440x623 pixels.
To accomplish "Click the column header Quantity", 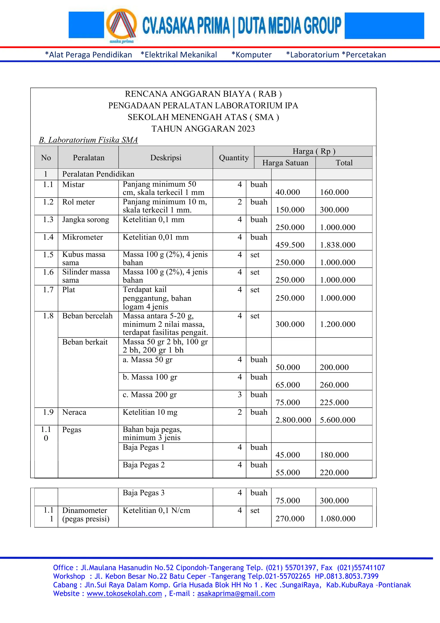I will (x=234, y=158).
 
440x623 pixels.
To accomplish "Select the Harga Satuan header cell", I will (x=285, y=163).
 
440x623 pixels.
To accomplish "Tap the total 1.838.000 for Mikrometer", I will (x=337, y=245).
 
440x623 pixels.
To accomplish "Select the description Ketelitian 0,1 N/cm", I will (x=156, y=510).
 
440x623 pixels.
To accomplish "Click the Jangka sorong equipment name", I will (x=86, y=219).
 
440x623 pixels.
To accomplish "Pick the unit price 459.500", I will (x=290, y=245).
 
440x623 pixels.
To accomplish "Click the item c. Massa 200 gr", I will (x=150, y=395).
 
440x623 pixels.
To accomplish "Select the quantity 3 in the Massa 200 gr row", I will (x=240, y=395).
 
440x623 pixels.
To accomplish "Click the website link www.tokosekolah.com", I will (x=124, y=594).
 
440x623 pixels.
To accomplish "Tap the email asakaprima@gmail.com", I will (x=236, y=594).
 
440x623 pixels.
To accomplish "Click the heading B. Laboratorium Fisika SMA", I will (x=88, y=140).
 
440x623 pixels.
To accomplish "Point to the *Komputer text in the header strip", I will (x=251, y=55).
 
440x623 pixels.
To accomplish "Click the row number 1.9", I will (x=48, y=412).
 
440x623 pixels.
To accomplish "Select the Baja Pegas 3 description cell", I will (x=144, y=493).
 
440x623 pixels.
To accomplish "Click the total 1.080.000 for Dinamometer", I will (x=337, y=518).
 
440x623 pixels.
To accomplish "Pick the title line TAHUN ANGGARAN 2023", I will (x=203, y=129).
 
